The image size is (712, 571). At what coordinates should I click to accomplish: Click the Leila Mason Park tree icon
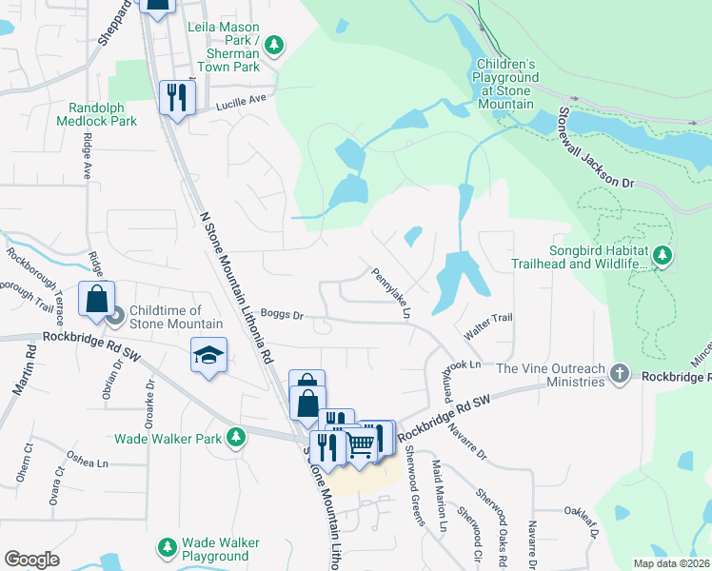274,44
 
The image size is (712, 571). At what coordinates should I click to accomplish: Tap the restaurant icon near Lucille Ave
177,97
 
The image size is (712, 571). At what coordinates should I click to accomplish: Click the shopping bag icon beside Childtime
96,299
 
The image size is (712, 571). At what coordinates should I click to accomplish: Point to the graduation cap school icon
209,355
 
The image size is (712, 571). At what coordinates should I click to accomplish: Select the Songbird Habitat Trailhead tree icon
663,255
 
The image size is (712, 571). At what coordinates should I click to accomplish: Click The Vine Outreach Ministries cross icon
620,374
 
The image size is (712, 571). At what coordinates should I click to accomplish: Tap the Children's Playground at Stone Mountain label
506,84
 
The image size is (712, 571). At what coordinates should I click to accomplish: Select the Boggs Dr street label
281,314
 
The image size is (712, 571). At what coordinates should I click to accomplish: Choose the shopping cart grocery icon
360,443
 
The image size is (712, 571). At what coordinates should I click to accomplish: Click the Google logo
31,559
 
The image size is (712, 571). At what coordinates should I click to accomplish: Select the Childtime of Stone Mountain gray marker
115,315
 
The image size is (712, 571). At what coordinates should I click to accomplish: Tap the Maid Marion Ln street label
440,495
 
